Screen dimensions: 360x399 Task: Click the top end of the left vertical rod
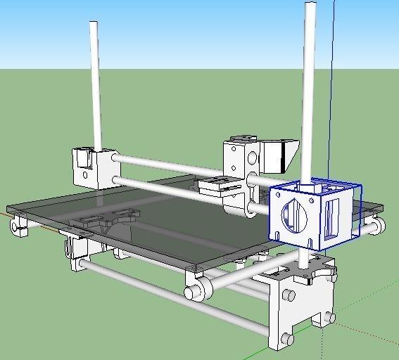pyautogui.click(x=93, y=25)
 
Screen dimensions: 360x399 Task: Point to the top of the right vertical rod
pyautogui.click(x=310, y=6)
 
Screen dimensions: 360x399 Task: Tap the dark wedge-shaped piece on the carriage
pyautogui.click(x=281, y=155)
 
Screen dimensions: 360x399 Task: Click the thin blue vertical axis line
pyautogui.click(x=334, y=84)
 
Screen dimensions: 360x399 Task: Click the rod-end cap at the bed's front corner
pyautogui.click(x=198, y=290)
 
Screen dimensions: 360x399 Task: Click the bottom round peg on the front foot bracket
pyautogui.click(x=286, y=340)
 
